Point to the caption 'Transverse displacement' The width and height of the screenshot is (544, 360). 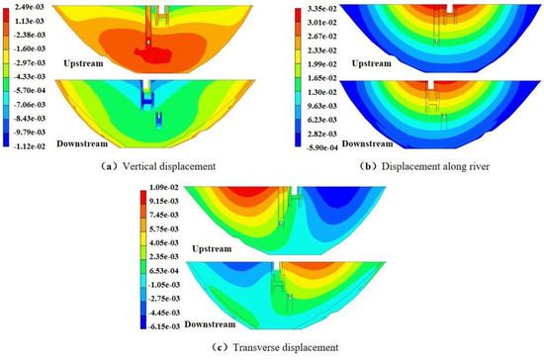pyautogui.click(x=271, y=346)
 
